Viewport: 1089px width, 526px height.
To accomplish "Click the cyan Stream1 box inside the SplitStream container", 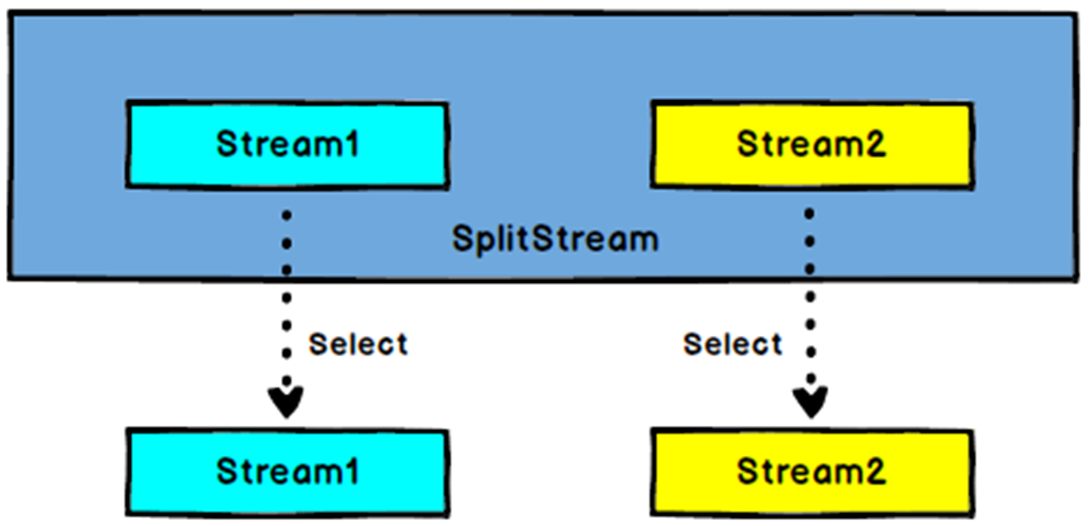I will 287,144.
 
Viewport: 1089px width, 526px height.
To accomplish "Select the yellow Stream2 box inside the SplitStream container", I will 812,144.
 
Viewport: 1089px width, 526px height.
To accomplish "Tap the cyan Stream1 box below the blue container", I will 287,472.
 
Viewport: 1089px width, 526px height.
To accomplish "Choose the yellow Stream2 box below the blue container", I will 812,472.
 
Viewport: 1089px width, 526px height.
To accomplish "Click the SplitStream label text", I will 555,239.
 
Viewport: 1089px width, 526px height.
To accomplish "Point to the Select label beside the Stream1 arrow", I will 358,344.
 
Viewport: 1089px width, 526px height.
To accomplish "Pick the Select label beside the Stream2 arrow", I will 732,344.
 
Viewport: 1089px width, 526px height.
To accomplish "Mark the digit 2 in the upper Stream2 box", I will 874,144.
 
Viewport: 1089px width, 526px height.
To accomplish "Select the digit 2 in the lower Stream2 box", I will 874,471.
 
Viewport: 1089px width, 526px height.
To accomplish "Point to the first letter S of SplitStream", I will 461,239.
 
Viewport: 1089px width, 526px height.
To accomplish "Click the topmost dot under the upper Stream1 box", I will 286,215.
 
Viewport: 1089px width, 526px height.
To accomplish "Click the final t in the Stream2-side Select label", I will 776,344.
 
